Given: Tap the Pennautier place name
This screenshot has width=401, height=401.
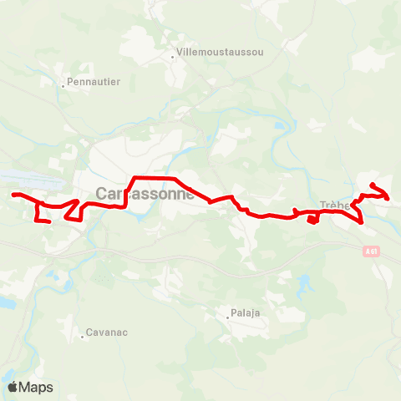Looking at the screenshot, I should pyautogui.click(x=95, y=82).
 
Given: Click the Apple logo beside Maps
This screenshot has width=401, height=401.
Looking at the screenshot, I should pyautogui.click(x=13, y=387).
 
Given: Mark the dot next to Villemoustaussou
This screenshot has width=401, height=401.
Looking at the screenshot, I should pyautogui.click(x=173, y=57).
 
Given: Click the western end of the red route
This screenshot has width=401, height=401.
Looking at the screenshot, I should pyautogui.click(x=13, y=195).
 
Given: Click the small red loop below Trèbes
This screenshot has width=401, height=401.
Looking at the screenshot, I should pyautogui.click(x=312, y=220).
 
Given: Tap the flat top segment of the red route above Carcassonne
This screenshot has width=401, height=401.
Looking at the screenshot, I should pyautogui.click(x=155, y=178).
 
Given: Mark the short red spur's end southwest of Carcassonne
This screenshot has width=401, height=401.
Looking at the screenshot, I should pyautogui.click(x=50, y=221).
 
